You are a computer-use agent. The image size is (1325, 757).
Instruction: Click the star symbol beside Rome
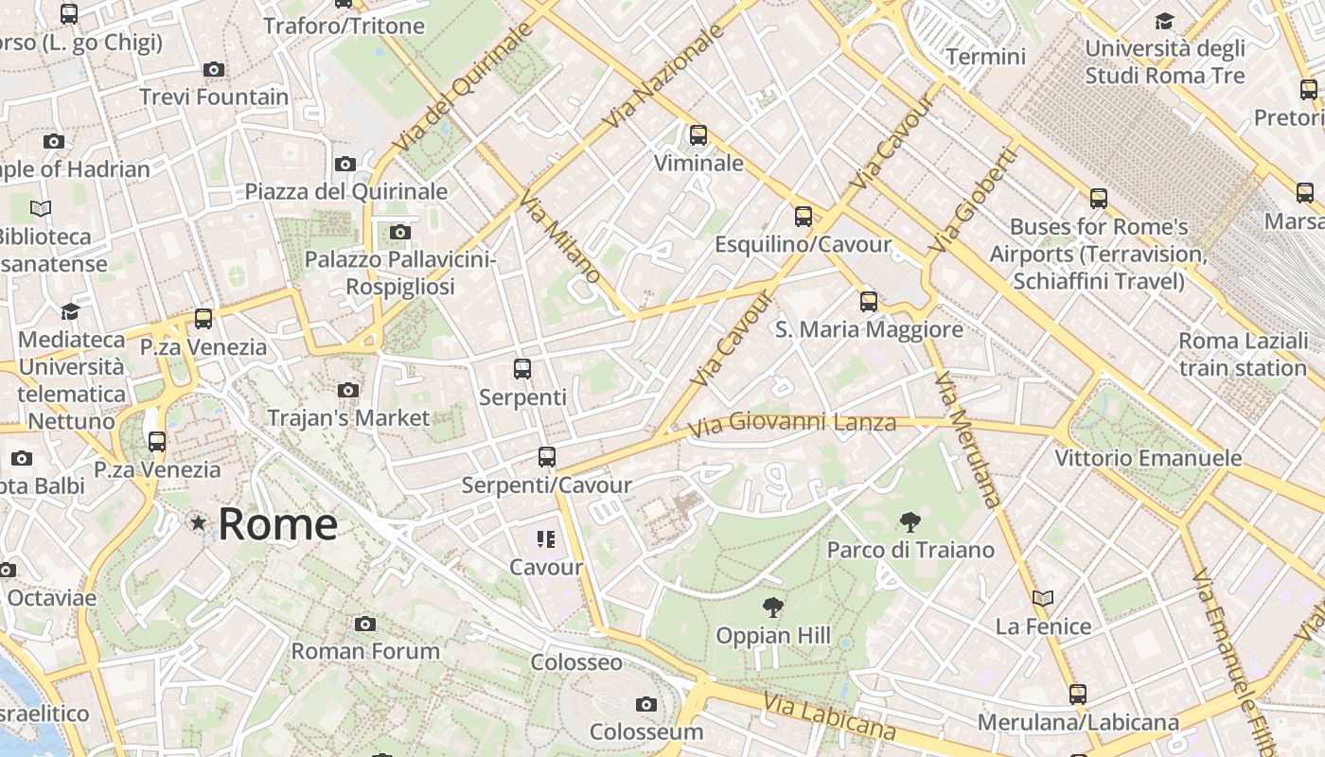pos(198,522)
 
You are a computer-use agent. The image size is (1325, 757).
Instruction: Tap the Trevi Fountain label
pos(214,97)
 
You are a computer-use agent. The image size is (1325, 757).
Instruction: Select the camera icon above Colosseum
pos(646,704)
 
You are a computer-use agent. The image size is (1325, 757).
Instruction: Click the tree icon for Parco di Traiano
pos(910,521)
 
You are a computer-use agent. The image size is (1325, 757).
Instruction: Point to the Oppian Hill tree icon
pos(773,607)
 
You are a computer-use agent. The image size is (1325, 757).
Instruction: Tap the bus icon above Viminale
pos(698,135)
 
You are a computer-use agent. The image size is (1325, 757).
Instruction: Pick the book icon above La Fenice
pos(1043,598)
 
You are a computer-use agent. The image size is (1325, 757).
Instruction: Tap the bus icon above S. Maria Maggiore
pos(869,302)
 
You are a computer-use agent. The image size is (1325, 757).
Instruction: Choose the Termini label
pos(985,57)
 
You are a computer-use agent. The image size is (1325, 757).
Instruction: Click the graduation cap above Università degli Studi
pos(1165,21)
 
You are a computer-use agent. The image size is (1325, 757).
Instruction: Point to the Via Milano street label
pos(560,236)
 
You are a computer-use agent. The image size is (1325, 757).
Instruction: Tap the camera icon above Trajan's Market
pos(348,390)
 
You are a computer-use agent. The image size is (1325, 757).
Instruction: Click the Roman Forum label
pos(365,651)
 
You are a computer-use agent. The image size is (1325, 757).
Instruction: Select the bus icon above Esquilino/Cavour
pos(804,217)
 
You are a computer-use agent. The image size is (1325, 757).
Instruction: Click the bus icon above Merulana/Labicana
pos(1078,695)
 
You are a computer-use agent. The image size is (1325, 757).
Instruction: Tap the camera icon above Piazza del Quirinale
pos(345,164)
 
